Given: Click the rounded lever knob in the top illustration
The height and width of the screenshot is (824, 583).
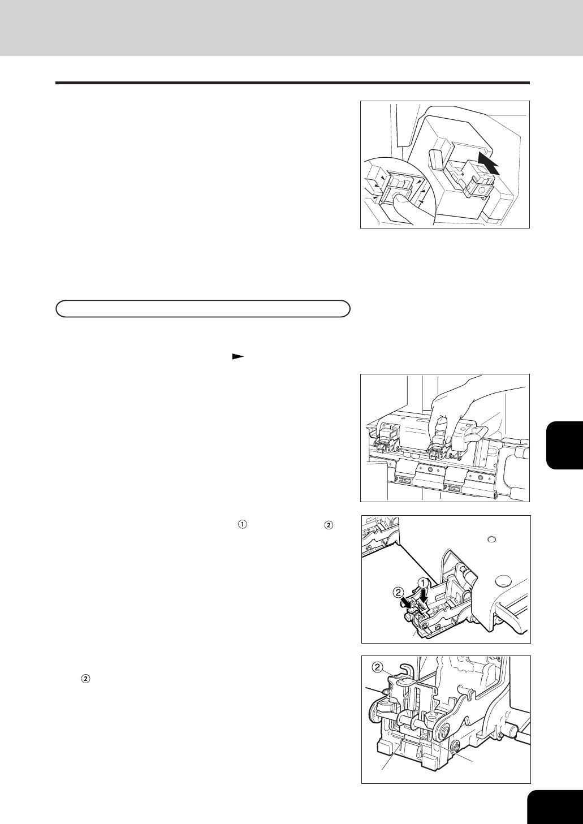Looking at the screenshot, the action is pyautogui.click(x=437, y=159).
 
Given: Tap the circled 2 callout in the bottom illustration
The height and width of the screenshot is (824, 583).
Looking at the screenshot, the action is pyautogui.click(x=379, y=667).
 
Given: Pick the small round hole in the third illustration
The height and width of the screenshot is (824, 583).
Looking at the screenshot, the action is pyautogui.click(x=490, y=540).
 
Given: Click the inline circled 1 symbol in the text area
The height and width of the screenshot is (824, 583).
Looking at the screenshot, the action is pyautogui.click(x=242, y=525).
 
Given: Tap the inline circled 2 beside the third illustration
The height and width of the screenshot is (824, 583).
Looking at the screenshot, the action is pyautogui.click(x=329, y=525).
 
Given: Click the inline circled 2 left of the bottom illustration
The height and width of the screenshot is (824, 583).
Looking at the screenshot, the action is pyautogui.click(x=85, y=679).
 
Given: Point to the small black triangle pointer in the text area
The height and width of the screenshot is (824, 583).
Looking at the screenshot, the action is pyautogui.click(x=237, y=356).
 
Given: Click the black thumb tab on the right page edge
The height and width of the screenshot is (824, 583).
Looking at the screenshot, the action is pyautogui.click(x=565, y=445).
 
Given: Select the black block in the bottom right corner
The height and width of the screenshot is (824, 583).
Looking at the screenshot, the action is pyautogui.click(x=555, y=804).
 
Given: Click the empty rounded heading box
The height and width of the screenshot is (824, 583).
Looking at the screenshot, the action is pyautogui.click(x=202, y=309).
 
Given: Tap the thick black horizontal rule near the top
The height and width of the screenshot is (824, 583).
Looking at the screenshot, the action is pyautogui.click(x=292, y=83).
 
